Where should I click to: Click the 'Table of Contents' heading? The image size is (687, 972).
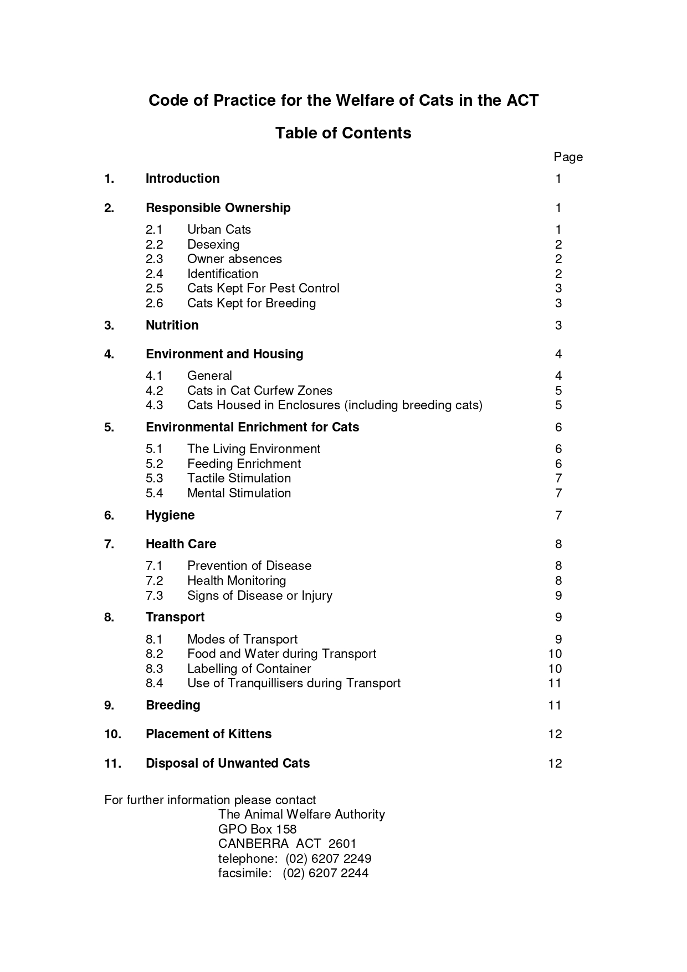(x=343, y=133)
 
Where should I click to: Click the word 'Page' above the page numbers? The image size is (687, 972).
(x=568, y=157)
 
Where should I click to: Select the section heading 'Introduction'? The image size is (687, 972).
(x=182, y=178)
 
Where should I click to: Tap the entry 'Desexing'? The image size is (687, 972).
(x=213, y=244)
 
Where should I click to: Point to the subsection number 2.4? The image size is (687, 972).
(x=154, y=274)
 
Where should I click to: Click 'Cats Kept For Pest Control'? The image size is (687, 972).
(x=263, y=288)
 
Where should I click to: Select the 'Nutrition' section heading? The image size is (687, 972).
(x=172, y=325)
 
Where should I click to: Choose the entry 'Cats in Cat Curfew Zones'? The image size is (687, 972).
(x=259, y=390)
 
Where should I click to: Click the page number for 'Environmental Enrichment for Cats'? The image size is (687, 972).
(x=558, y=427)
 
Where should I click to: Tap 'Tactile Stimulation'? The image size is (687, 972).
(x=239, y=478)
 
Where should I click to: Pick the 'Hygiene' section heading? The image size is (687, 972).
(x=170, y=515)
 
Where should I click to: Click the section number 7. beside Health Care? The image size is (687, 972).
(x=109, y=544)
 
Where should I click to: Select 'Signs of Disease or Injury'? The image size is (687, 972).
(x=259, y=595)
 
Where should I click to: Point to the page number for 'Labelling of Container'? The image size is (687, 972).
(x=555, y=668)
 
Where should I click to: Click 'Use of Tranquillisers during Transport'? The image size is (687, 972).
(x=294, y=683)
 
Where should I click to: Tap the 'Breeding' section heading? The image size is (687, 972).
(x=173, y=705)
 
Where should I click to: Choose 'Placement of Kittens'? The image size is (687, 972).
(x=208, y=734)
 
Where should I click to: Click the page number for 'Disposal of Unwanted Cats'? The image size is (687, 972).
(x=555, y=763)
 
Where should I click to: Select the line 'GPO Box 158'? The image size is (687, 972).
(x=257, y=829)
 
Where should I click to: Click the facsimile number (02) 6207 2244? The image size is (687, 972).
(x=325, y=873)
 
